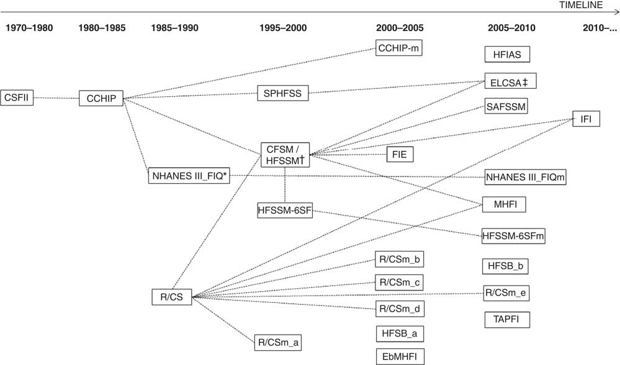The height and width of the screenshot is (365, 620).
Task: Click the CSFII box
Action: point(17,97)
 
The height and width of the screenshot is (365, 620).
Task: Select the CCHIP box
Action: point(101,98)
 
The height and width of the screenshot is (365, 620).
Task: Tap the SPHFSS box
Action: point(283,94)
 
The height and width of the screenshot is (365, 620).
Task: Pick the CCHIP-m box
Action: point(399,48)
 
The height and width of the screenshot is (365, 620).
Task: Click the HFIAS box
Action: point(507,55)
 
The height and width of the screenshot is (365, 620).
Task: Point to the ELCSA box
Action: point(510,81)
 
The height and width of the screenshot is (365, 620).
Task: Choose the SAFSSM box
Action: point(506,107)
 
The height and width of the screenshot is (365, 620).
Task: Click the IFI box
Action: point(586,118)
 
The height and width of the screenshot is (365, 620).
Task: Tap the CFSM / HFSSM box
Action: point(285,155)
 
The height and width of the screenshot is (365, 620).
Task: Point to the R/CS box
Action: point(171,297)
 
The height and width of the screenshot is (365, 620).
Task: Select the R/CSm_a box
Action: point(281,341)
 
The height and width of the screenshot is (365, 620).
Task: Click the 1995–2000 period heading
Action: point(284,28)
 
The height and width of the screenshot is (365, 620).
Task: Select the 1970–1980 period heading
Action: point(29,28)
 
